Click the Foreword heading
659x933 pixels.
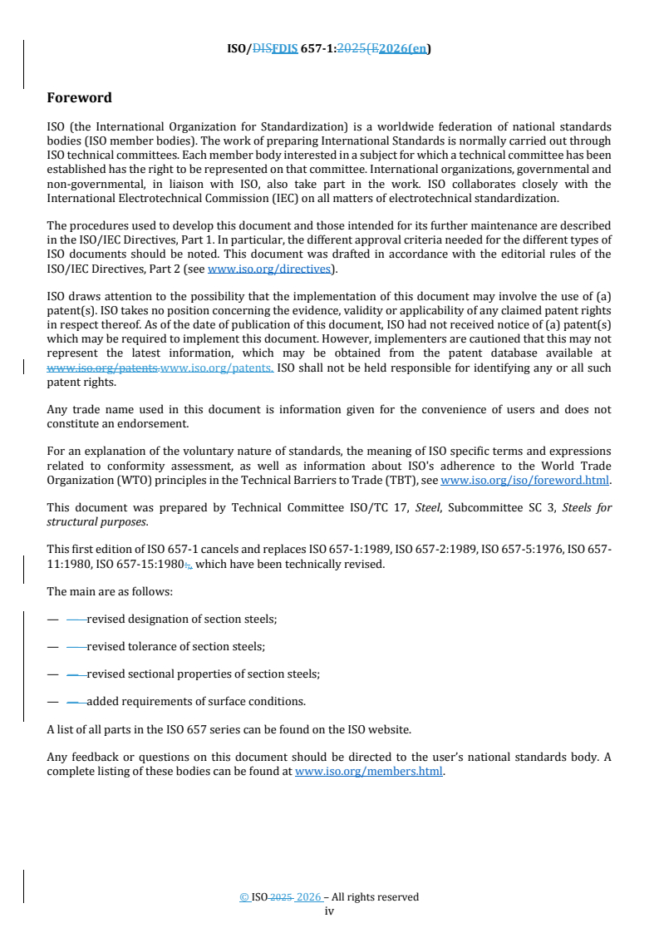pyautogui.click(x=79, y=98)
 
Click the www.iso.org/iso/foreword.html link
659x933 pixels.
pyautogui.click(x=525, y=480)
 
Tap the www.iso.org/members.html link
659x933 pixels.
pyautogui.click(x=369, y=771)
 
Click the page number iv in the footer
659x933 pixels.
pyautogui.click(x=329, y=911)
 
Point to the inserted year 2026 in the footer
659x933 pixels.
pyautogui.click(x=309, y=897)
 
